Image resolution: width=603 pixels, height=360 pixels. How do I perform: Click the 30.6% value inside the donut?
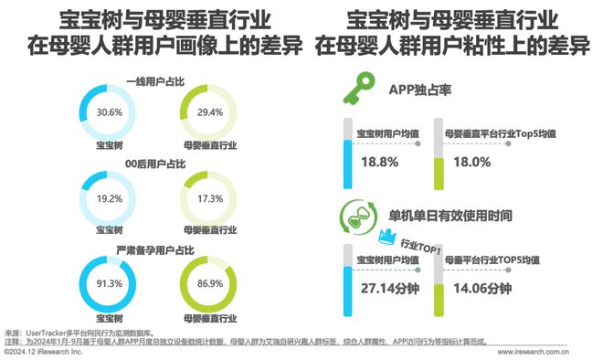pyautogui.click(x=110, y=112)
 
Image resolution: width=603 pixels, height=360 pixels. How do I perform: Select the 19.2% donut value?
pyautogui.click(x=110, y=196)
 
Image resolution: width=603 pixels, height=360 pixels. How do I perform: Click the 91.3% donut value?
pyautogui.click(x=110, y=282)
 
